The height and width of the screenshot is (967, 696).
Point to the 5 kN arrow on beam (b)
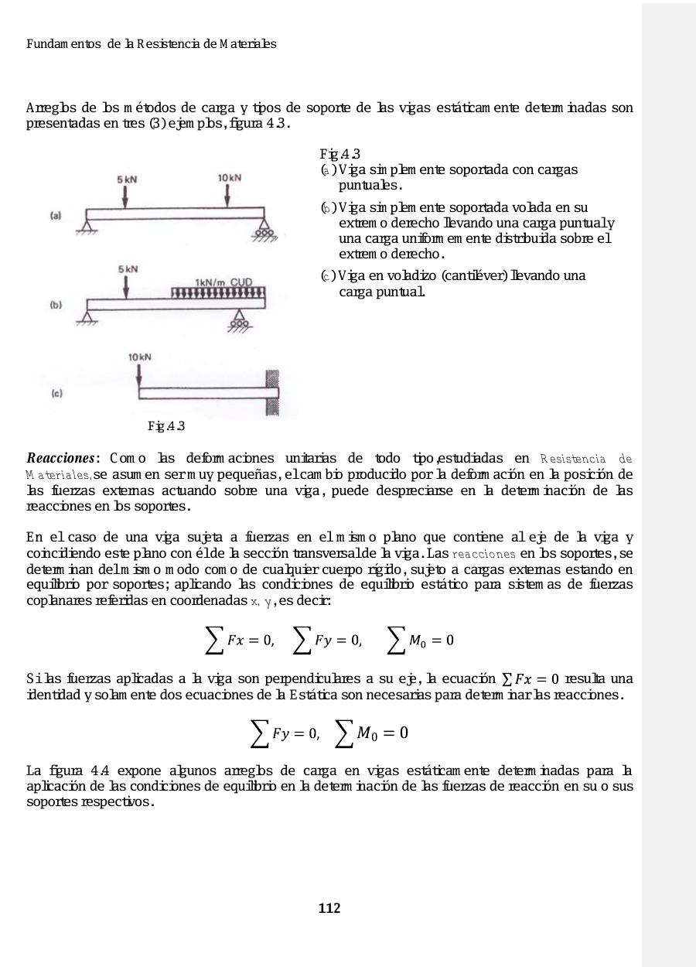pos(125,285)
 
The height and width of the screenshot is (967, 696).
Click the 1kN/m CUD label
pos(223,283)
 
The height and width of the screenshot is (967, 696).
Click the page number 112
pos(329,908)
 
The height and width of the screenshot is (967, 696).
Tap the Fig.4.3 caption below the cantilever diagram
pos(166,426)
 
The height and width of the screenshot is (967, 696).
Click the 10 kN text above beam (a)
pos(230,178)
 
